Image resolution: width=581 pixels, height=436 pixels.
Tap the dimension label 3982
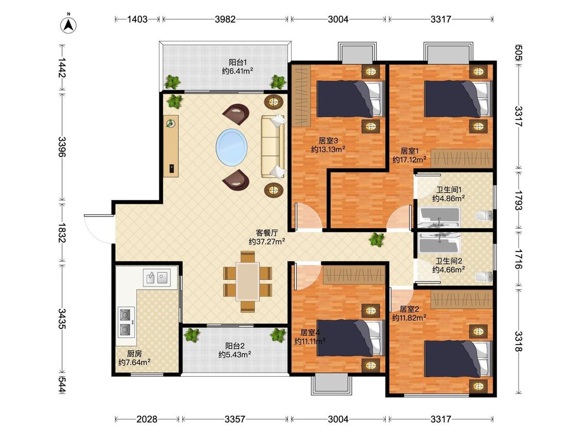click(x=225, y=19)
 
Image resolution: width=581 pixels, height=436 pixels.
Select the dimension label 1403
click(x=137, y=19)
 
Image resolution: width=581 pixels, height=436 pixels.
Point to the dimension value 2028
click(x=147, y=419)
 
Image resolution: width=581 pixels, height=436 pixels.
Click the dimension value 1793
click(x=519, y=200)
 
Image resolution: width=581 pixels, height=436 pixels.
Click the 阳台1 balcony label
click(x=238, y=63)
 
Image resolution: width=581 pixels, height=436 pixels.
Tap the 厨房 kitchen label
click(x=134, y=353)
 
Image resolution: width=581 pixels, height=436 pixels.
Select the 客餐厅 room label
click(x=267, y=233)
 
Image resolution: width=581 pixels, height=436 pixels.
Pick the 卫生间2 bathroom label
click(x=449, y=261)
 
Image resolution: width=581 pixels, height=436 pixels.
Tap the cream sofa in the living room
click(x=273, y=146)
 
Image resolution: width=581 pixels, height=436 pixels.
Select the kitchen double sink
click(x=156, y=277)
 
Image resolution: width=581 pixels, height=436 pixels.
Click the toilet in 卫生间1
click(x=484, y=216)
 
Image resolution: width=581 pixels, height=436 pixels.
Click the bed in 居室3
click(x=350, y=99)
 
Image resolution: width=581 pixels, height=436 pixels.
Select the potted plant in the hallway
click(x=377, y=240)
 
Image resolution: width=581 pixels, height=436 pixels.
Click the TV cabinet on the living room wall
click(x=171, y=146)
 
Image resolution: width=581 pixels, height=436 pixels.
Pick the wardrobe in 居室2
click(x=462, y=299)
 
